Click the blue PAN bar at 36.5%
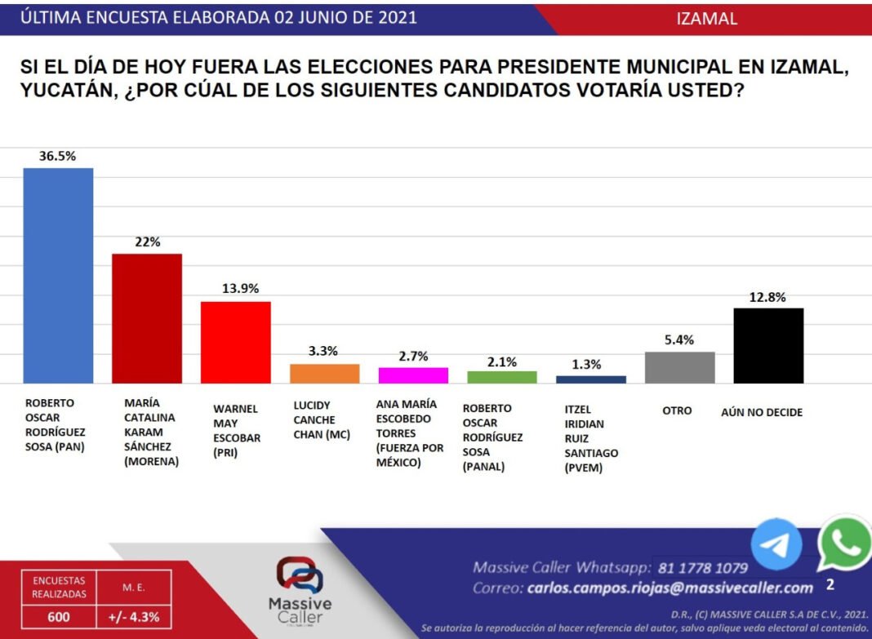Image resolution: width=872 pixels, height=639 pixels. pyautogui.click(x=58, y=275)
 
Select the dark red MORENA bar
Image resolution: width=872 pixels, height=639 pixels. pyautogui.click(x=147, y=318)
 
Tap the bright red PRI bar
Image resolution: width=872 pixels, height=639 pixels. pyautogui.click(x=236, y=342)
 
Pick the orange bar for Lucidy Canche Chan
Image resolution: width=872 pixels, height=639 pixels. pyautogui.click(x=325, y=374)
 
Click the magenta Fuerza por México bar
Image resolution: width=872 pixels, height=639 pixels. pyautogui.click(x=413, y=375)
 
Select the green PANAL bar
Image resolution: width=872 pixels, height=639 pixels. pyautogui.click(x=502, y=377)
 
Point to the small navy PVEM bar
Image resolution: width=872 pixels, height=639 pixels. pyautogui.click(x=591, y=379)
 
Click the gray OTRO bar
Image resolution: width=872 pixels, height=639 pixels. pyautogui.click(x=680, y=367)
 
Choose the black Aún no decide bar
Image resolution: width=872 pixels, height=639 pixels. pyautogui.click(x=768, y=345)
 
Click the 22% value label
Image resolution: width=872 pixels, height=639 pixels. pyautogui.click(x=148, y=242)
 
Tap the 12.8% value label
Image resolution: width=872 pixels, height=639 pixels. pyautogui.click(x=768, y=297)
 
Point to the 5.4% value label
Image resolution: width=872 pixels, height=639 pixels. pyautogui.click(x=679, y=340)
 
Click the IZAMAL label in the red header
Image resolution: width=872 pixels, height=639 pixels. pyautogui.click(x=707, y=19)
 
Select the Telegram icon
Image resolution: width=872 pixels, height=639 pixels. pyautogui.click(x=776, y=544)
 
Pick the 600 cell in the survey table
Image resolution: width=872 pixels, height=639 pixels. pyautogui.click(x=59, y=617)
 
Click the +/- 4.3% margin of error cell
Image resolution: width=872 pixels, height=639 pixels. pyautogui.click(x=133, y=617)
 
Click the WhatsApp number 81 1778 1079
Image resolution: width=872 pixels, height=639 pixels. pyautogui.click(x=702, y=567)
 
